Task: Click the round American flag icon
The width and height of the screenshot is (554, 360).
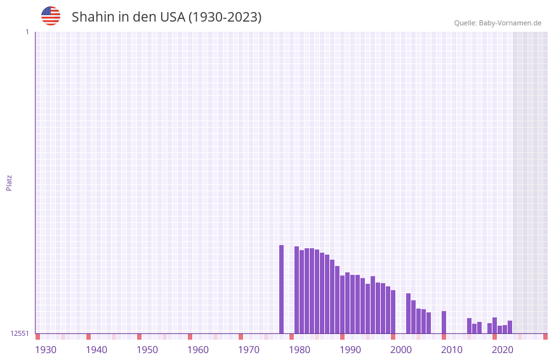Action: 51,16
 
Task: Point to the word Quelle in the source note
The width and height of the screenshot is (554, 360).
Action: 465,23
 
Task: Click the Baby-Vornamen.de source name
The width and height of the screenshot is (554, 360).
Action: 510,23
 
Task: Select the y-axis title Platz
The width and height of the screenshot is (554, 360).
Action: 9,182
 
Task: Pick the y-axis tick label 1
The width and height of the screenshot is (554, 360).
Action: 27,32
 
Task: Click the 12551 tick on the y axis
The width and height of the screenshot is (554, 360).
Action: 20,333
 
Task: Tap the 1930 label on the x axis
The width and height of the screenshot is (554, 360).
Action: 46,350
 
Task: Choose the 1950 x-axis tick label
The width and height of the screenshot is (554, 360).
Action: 147,350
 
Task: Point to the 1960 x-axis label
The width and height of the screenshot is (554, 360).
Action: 198,350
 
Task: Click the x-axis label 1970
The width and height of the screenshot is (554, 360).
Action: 249,350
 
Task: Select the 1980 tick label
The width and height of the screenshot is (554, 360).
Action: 300,350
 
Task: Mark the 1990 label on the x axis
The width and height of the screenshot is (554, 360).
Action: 350,350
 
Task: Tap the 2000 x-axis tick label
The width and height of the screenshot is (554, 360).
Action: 401,350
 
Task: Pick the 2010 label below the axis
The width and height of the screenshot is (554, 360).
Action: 452,350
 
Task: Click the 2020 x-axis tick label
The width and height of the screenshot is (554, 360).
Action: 503,350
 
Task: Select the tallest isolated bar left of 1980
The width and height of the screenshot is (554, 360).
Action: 281,289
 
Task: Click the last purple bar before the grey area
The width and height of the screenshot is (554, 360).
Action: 510,327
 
